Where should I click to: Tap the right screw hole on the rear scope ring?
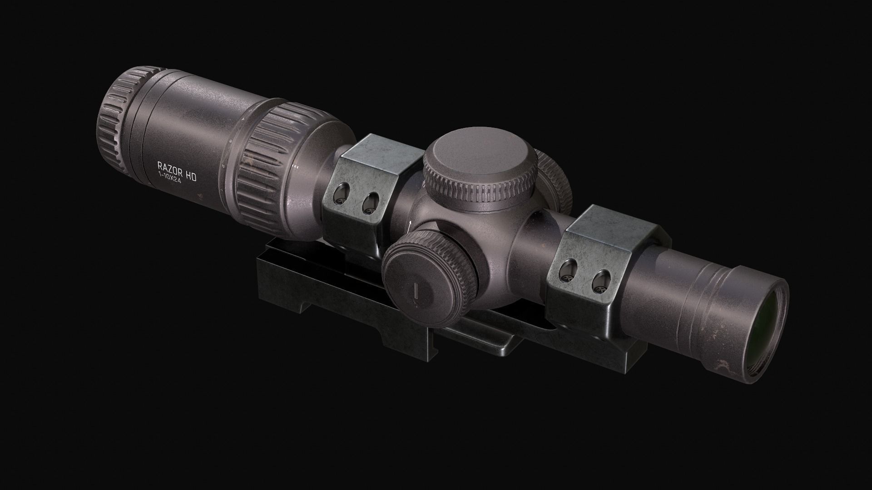tap(371, 203)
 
